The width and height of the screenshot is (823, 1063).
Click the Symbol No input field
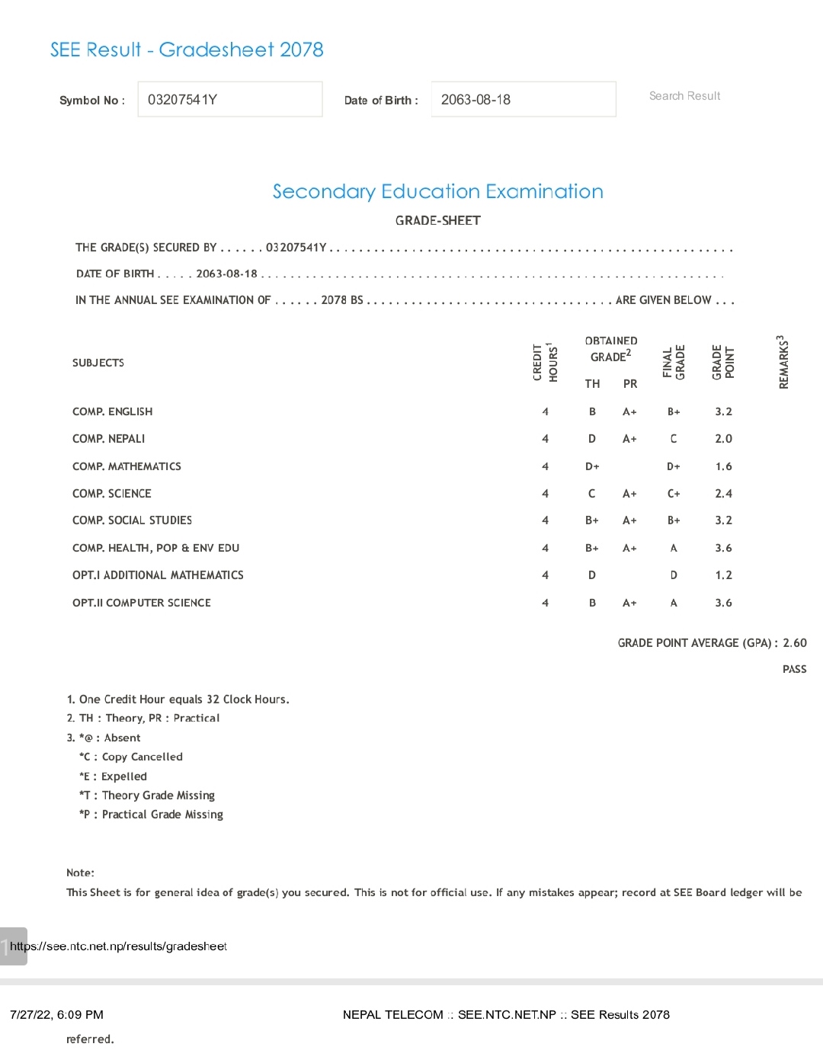coord(229,100)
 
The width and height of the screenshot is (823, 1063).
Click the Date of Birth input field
coord(523,100)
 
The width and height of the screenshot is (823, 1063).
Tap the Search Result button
coord(684,96)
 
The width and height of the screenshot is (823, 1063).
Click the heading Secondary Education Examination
coord(437,191)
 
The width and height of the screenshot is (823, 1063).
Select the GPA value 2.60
coord(795,643)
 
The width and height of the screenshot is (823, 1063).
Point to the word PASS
coord(794,669)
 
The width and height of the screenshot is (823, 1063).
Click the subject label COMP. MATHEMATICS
coord(126,466)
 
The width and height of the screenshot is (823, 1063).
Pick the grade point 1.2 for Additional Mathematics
coord(723,575)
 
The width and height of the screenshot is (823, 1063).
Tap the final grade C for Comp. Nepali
coord(674,439)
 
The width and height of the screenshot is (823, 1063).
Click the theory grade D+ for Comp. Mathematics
coord(592,466)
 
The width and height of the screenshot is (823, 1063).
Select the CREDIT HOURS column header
coord(545,362)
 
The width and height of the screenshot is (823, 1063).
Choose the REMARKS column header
coord(783,362)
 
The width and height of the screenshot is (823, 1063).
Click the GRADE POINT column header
coord(722,362)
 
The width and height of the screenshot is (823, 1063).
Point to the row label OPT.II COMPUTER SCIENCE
coord(142,603)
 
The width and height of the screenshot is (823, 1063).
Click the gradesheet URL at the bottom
coord(118,946)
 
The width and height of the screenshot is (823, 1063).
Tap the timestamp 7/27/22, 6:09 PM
coord(56,1015)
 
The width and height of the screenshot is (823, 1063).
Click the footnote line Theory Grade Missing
coord(147,796)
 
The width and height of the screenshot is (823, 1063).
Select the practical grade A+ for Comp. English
coord(629,411)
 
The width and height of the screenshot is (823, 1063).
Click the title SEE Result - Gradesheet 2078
coord(187,50)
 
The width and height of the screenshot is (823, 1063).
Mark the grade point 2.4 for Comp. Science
coord(723,494)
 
